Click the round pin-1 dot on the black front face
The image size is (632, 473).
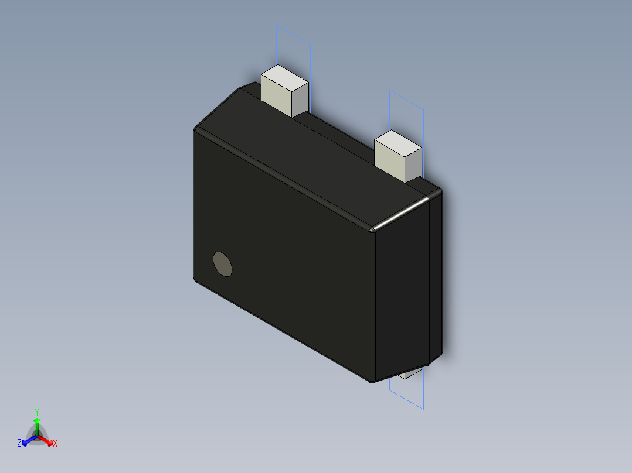point(222,264)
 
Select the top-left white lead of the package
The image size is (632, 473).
point(284,94)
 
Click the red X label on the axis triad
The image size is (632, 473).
point(55,444)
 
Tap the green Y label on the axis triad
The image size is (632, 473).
point(37,412)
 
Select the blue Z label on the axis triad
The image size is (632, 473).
point(19,443)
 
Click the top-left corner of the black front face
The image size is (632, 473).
point(195,131)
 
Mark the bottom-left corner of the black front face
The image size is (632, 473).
point(195,280)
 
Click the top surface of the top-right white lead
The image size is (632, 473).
point(398,142)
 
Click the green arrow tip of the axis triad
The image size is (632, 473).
point(37,420)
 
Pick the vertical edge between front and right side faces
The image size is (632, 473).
point(372,304)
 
